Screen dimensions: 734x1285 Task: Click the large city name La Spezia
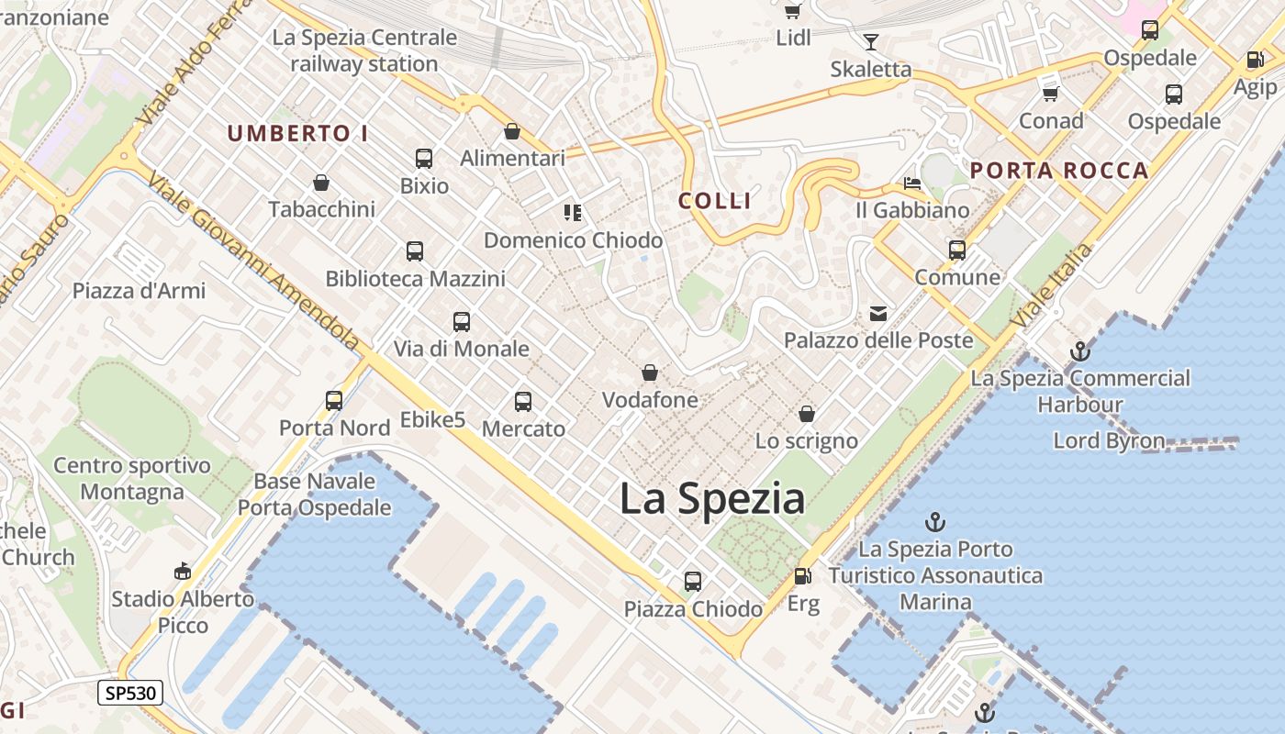[x=712, y=499]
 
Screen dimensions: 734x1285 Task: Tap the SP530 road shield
[x=130, y=693]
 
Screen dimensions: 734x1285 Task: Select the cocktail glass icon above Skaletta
[x=870, y=42]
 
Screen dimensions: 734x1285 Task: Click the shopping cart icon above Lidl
[x=792, y=11]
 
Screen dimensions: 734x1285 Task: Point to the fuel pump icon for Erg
[x=802, y=576]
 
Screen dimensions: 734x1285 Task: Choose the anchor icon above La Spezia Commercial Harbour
[x=1080, y=350]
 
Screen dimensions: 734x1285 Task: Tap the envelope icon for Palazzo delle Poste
[x=878, y=314]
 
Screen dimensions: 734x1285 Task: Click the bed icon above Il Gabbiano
[x=911, y=183]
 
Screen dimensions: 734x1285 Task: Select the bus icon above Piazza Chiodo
[x=693, y=582]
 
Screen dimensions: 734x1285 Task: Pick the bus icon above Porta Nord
[x=334, y=401]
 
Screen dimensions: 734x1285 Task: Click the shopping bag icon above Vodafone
[x=650, y=373]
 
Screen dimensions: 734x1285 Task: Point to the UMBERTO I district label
[x=297, y=134]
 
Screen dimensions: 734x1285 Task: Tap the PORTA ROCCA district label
[x=1059, y=171]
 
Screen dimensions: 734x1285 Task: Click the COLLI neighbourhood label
[x=715, y=201]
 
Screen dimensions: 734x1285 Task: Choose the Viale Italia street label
[x=1052, y=284]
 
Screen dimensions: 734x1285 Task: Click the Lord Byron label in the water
[x=1109, y=440]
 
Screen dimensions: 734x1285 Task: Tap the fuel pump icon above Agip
[x=1255, y=61]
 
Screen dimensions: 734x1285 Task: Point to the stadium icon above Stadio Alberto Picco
[x=183, y=572]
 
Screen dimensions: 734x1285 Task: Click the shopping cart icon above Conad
[x=1051, y=94]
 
